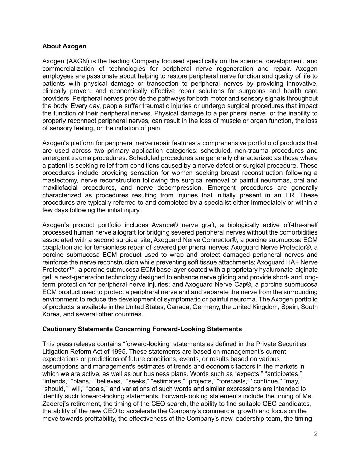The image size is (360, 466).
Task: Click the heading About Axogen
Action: pos(64,46)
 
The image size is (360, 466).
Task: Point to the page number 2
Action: pos(316,434)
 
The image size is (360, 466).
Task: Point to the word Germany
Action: pos(206,307)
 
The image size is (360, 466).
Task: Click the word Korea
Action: pos(50,314)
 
